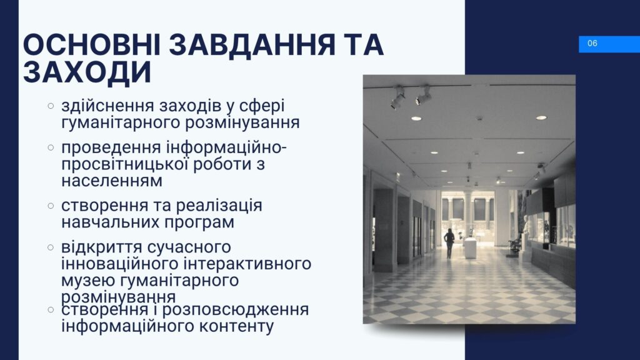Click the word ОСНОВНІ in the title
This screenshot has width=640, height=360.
point(92,44)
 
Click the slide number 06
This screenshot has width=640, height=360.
point(592,43)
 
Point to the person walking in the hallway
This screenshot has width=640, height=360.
point(449,243)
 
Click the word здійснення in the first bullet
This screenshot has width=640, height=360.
point(107,106)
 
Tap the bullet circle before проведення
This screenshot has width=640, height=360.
point(51,147)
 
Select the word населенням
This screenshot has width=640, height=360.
point(112,181)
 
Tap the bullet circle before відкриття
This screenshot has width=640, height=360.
point(51,247)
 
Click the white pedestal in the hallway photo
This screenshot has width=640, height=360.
point(470,247)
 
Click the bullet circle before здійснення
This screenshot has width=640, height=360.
point(51,106)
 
